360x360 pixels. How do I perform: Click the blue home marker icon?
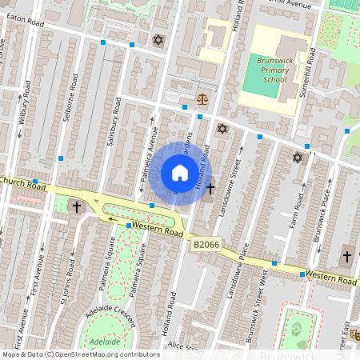point(180,173)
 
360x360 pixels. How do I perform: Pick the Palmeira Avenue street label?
point(146,155)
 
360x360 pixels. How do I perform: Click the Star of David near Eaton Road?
point(157,39)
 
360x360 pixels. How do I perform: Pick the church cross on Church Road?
point(78,207)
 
